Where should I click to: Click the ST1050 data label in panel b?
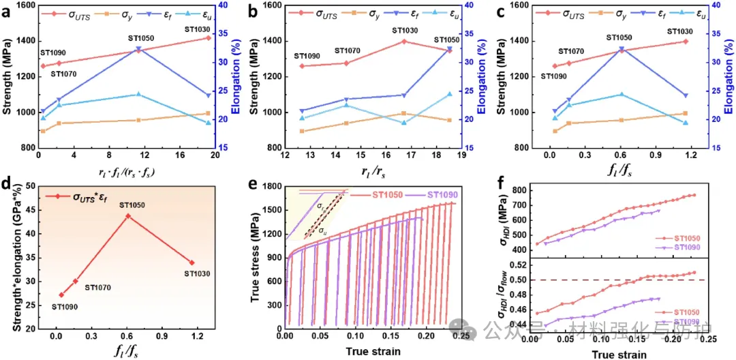[446, 40]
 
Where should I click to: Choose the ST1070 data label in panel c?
[571, 51]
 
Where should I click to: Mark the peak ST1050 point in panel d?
[127, 215]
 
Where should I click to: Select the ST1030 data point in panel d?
[192, 262]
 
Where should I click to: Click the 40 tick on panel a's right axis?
[223, 5]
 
